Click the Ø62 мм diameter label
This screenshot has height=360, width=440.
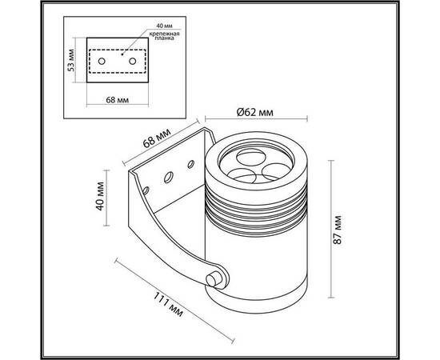[254, 112]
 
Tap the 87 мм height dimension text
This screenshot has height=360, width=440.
[338, 230]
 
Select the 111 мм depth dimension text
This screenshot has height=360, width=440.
[168, 304]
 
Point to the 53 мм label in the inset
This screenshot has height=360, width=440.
[71, 60]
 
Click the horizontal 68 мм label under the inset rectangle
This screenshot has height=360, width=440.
[118, 100]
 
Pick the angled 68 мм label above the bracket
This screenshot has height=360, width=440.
[157, 138]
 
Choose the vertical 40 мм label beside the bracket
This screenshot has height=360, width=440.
[100, 196]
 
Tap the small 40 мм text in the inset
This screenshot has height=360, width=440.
[164, 26]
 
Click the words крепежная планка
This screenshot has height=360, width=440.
[164, 36]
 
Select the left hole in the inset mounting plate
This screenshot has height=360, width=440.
[102, 61]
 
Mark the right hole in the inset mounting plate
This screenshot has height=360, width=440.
[133, 61]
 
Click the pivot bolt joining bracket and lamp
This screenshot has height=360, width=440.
[214, 279]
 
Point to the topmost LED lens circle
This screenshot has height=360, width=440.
[251, 157]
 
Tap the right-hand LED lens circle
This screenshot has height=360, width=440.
[277, 171]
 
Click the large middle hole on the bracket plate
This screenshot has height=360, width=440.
[168, 178]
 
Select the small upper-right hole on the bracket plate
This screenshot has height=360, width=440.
[191, 164]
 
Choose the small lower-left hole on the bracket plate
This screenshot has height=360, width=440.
[146, 190]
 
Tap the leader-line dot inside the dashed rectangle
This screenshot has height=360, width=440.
[122, 54]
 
